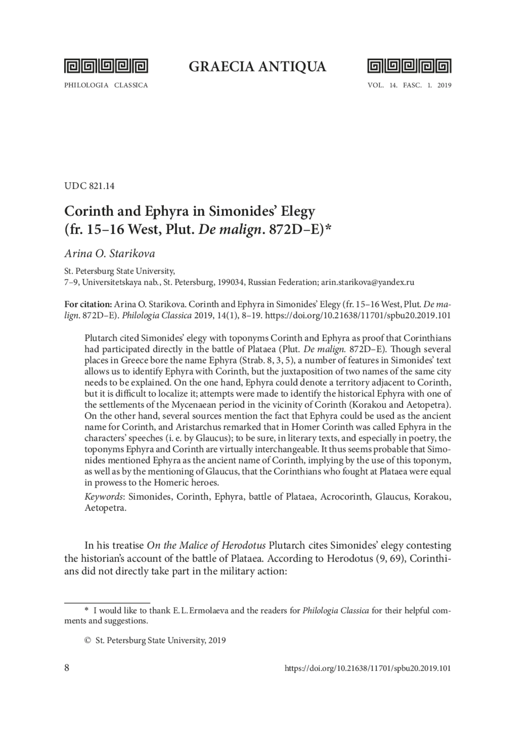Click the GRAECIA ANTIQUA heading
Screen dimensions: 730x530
[x=257, y=67]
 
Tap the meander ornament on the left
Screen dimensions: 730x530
[x=106, y=66]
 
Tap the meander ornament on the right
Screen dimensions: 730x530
[x=409, y=66]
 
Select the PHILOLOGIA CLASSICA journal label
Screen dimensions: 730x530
[x=106, y=86]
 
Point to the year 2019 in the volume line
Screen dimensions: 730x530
[x=444, y=86]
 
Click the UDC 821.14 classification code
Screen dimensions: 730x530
[x=89, y=186]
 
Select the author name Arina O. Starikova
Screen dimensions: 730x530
[x=110, y=254]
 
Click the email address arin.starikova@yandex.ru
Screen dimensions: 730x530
[x=367, y=282]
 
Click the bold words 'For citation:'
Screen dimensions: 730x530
[x=88, y=304]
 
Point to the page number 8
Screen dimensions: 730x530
[x=67, y=667]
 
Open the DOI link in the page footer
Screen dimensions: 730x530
[x=367, y=668]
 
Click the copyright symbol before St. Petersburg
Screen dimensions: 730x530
[x=87, y=640]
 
